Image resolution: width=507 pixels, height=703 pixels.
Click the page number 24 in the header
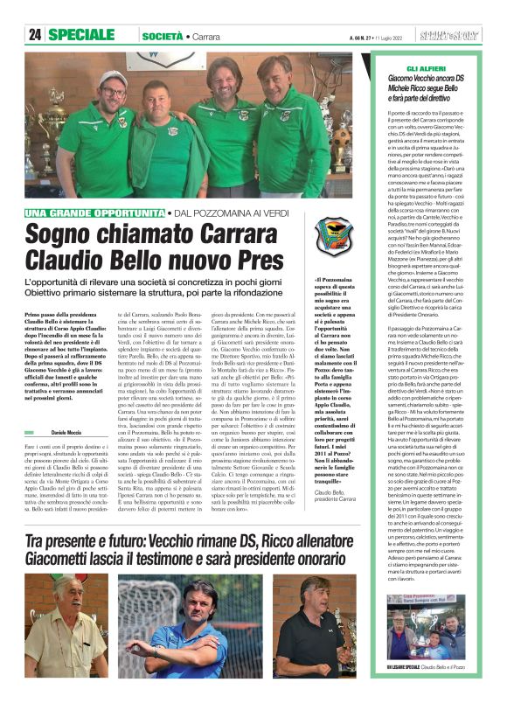pyautogui.click(x=36, y=35)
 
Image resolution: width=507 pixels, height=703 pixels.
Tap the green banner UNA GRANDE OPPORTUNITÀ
pyautogui.click(x=95, y=213)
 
